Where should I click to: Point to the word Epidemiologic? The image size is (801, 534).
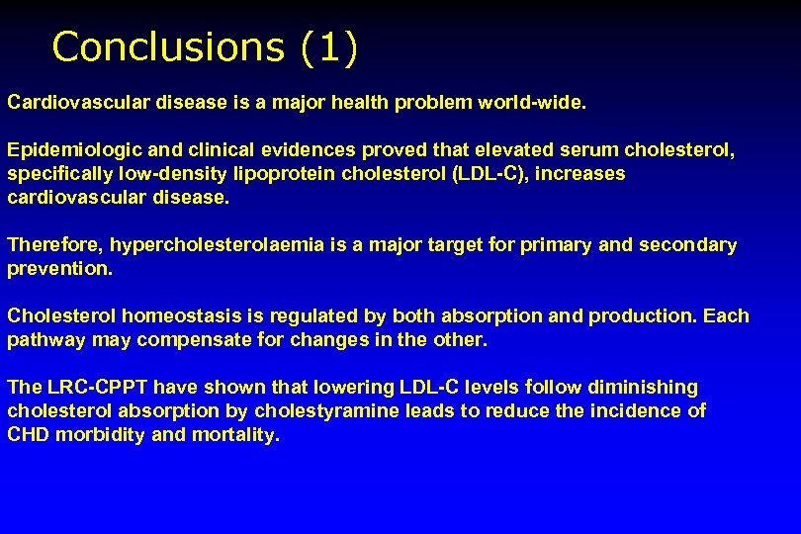(74, 150)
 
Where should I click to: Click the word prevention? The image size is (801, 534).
(57, 269)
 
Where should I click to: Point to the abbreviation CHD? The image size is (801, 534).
(29, 435)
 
